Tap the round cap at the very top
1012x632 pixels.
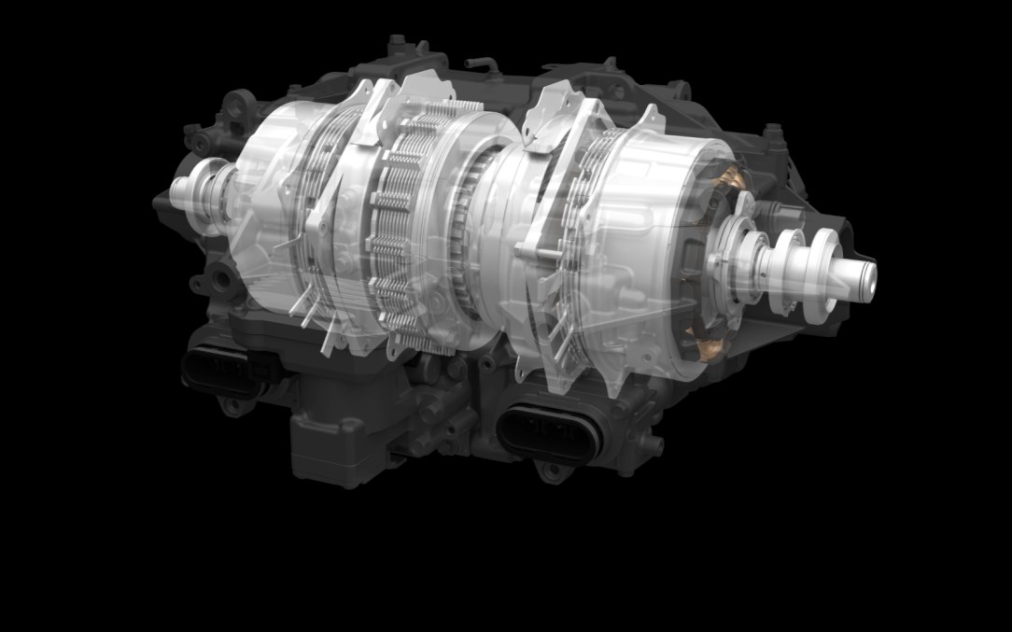click(397, 42)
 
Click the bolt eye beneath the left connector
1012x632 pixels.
click(230, 407)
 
